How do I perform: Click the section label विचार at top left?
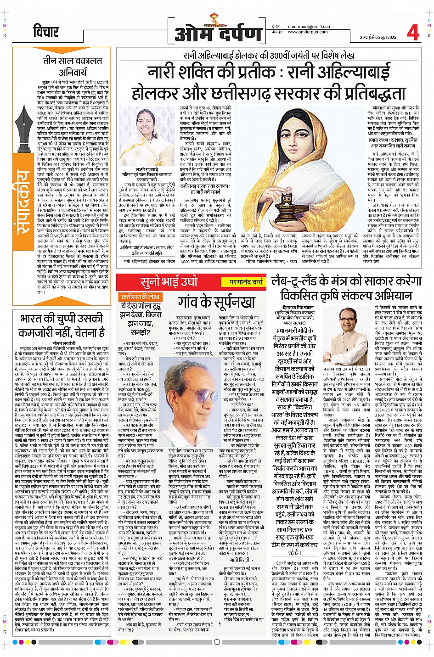tap(45, 32)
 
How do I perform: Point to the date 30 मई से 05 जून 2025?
tap(378, 37)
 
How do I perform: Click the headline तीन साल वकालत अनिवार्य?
tap(73, 67)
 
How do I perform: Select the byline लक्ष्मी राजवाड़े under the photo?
tap(147, 169)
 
